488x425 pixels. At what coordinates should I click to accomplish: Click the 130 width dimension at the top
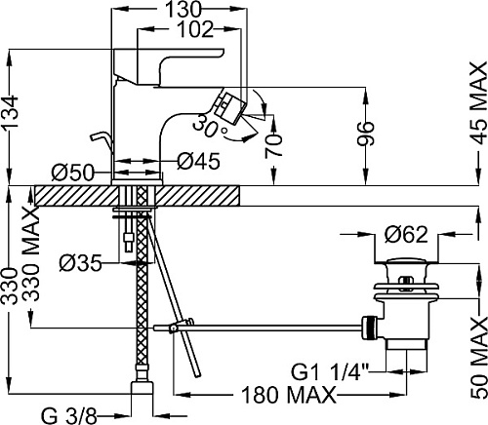[183, 10]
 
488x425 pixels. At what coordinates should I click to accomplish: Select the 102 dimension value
[196, 30]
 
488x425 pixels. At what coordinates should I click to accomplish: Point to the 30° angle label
[210, 126]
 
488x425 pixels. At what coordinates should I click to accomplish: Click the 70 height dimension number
[273, 146]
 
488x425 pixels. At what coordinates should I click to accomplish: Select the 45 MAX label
[478, 103]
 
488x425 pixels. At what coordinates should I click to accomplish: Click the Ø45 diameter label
[199, 161]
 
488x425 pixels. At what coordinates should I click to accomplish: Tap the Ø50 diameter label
[72, 173]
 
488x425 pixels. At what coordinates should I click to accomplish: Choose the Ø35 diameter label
[81, 263]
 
